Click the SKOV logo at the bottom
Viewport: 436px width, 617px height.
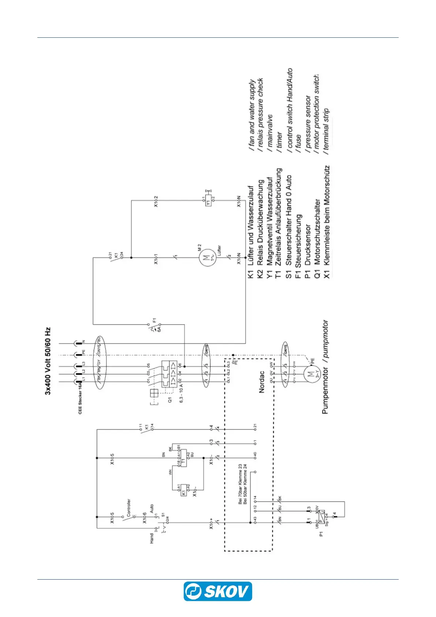click(x=218, y=591)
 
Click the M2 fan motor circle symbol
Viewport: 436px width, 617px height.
click(x=208, y=257)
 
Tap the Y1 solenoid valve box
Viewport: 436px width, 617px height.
click(x=208, y=201)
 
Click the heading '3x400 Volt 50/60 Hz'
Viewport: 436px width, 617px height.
click(x=48, y=361)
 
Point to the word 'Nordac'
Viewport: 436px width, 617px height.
click(x=262, y=382)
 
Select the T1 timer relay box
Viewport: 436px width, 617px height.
click(x=183, y=458)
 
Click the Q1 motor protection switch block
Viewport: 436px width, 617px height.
click(x=171, y=373)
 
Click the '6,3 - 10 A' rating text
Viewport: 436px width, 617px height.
click(x=181, y=393)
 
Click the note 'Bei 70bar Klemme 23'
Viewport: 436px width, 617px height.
click(x=240, y=484)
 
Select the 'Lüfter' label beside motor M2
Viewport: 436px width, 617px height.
click(x=219, y=252)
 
